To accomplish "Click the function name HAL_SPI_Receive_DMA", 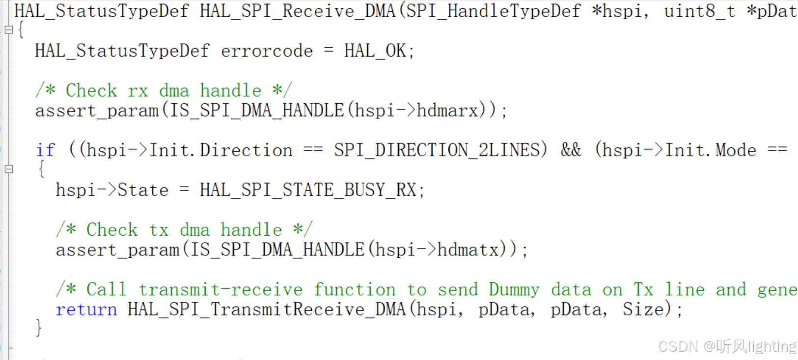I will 297,11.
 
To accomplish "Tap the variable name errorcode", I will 267,51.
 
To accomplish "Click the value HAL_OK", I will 375,51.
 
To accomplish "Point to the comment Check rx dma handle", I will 164,91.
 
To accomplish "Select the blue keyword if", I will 46,150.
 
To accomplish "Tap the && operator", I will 571,150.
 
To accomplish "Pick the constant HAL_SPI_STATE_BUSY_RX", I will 308,190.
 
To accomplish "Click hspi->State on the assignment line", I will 112,190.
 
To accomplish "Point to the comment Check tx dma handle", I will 184,230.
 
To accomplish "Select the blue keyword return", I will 86,310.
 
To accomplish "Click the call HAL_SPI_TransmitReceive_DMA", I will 267,310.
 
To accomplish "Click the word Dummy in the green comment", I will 514,290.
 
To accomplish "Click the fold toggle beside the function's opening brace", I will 8,30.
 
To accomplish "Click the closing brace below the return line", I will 39,328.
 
